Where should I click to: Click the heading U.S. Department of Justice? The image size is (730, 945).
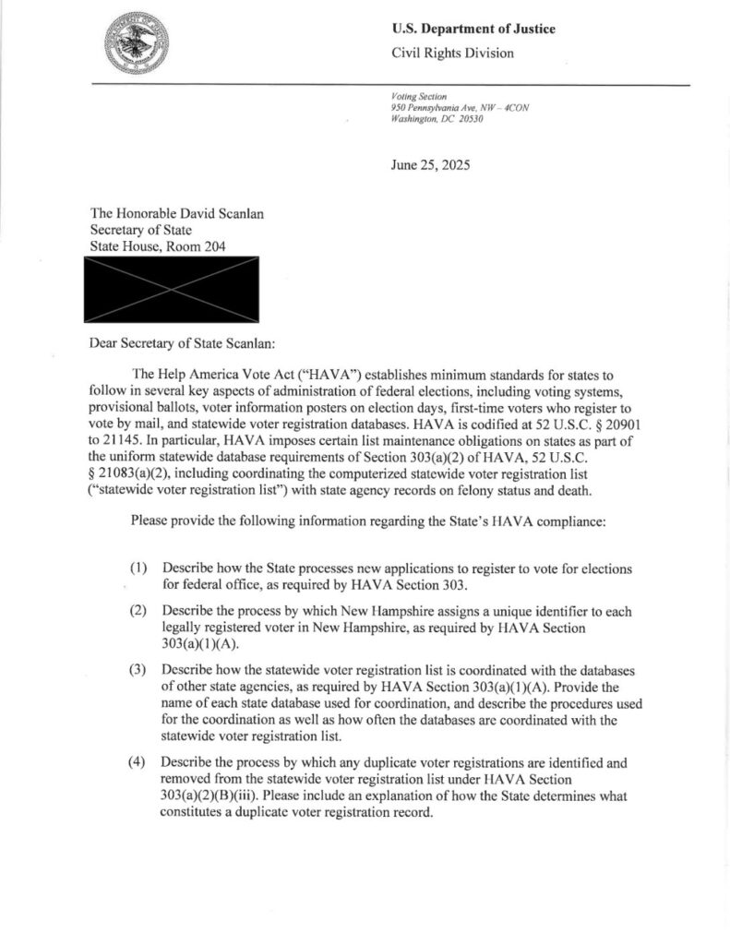tap(473, 29)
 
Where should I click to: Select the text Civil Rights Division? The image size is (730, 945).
tap(453, 54)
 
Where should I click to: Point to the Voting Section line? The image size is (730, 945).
tap(419, 96)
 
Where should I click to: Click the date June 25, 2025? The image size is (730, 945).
tap(431, 166)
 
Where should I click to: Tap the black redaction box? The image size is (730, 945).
tap(173, 291)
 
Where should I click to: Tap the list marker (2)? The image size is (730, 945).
tap(138, 611)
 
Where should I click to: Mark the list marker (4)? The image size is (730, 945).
tap(138, 762)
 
